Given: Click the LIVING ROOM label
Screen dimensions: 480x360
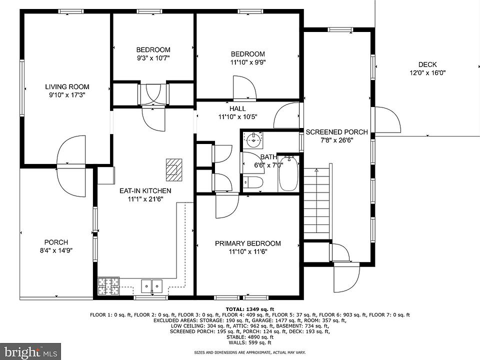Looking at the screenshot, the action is pos(67,86).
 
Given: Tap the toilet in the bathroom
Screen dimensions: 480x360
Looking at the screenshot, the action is pos(253,182).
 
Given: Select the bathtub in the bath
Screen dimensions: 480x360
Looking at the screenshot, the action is pos(288,173).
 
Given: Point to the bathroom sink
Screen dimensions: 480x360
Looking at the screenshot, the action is pos(253,140).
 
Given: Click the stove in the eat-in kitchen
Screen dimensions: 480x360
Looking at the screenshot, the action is pos(108,286).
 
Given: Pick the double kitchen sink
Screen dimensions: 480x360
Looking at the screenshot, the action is pos(152,286).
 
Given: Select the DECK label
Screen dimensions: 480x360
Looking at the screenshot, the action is pos(427,64).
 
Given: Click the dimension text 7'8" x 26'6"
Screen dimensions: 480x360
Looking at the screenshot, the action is pos(336,140).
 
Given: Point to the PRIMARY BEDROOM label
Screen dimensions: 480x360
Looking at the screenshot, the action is pos(247,243).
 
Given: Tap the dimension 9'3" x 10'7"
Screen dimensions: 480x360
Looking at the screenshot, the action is pos(153,58).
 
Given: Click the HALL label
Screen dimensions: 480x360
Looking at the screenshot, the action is pos(237,108).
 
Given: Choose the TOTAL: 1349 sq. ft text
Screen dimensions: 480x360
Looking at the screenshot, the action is pos(250,309).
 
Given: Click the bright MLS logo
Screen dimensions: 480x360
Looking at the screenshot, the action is pos(30,351).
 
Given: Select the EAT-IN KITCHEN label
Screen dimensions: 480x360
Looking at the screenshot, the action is pos(145,190).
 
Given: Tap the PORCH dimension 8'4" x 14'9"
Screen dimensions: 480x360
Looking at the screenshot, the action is pos(56,250).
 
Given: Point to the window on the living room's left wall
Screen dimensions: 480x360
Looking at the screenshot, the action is pos(22,88).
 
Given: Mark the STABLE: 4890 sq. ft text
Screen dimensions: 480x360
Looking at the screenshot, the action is pos(250,337).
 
